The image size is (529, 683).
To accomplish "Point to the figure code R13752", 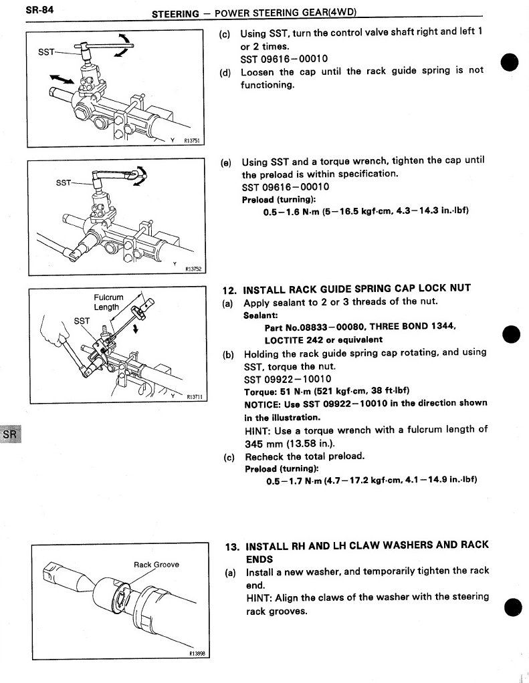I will tap(192, 269).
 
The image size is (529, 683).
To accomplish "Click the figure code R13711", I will tap(197, 395).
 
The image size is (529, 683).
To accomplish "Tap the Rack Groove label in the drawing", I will tap(156, 565).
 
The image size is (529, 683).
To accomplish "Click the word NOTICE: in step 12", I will tap(261, 404).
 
